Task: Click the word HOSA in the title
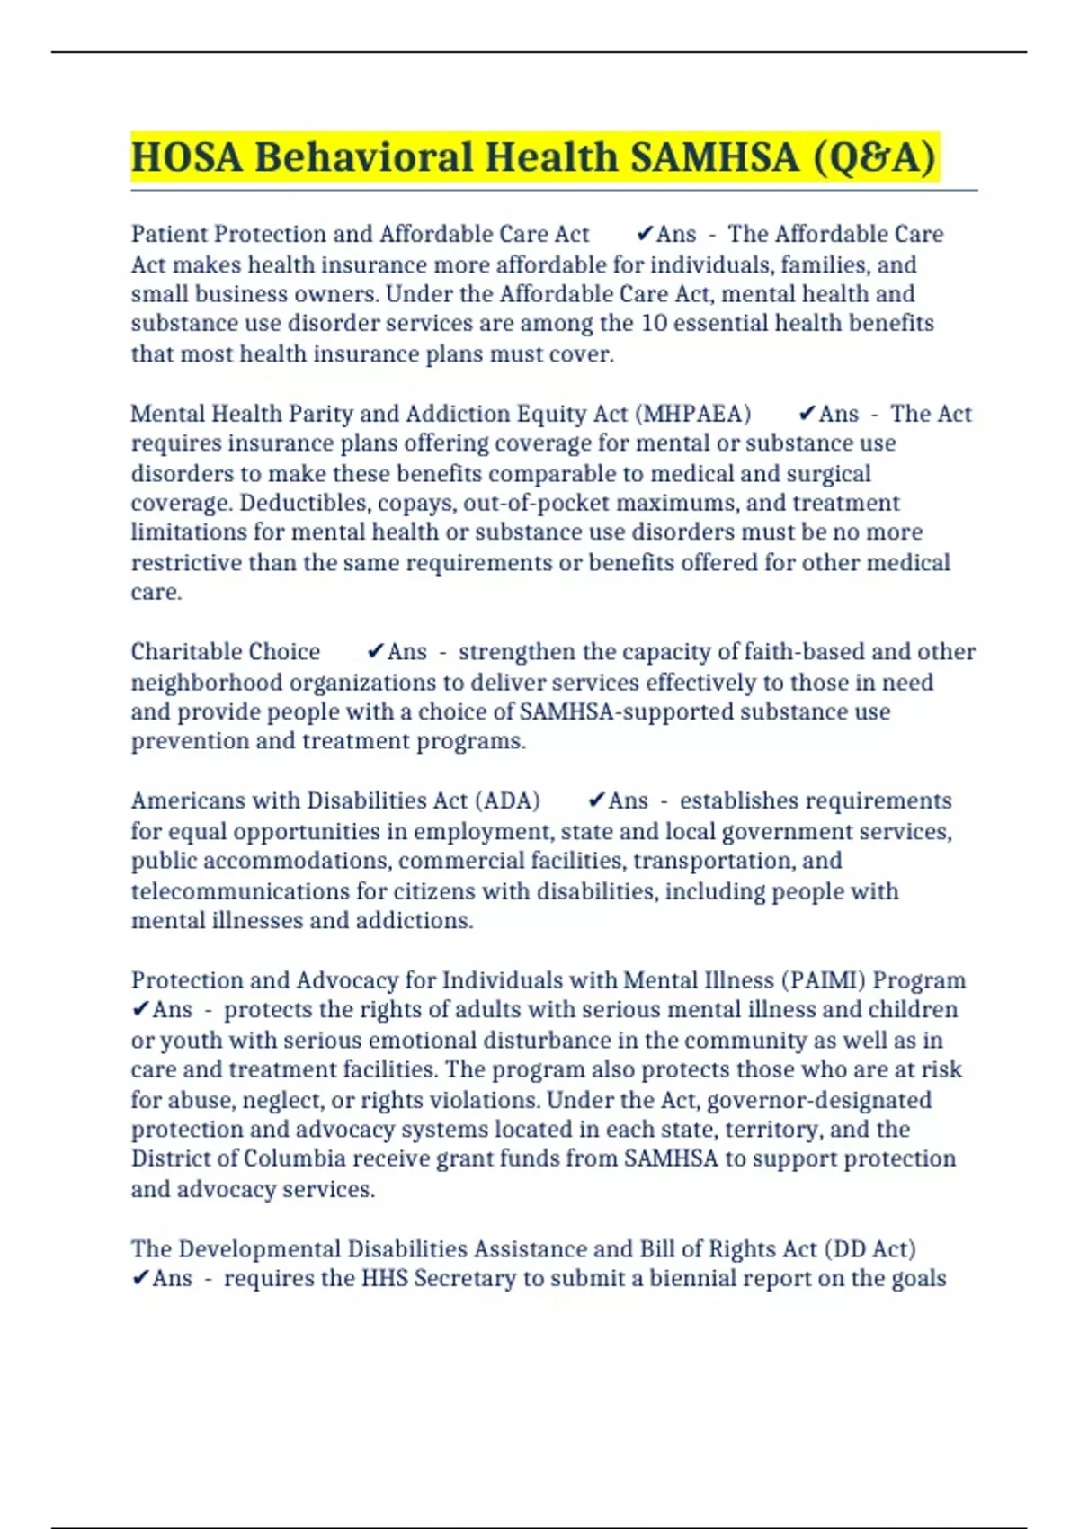186,157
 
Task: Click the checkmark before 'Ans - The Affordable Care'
644,234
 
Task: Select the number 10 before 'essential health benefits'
654,323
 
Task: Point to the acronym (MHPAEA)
692,414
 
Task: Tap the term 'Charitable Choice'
225,652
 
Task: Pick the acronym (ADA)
507,801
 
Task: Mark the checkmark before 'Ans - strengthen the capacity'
376,652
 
